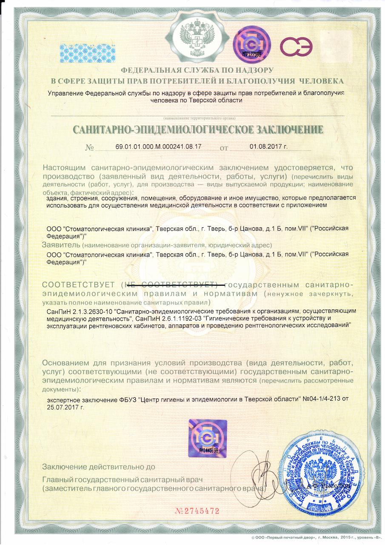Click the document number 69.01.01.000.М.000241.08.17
tap(158, 146)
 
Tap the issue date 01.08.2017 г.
tap(268, 146)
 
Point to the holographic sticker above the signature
tap(207, 439)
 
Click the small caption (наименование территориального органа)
tap(198, 117)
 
